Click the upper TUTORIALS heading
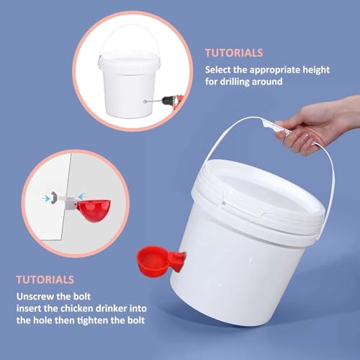pyautogui.click(x=234, y=53)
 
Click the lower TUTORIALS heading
pyautogui.click(x=45, y=280)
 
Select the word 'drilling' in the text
pyautogui.click(x=235, y=81)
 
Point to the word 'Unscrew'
pyautogui.click(x=35, y=297)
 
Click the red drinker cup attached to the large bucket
pyautogui.click(x=161, y=261)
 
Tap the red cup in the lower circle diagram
pyautogui.click(x=95, y=210)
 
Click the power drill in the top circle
pyautogui.click(x=171, y=101)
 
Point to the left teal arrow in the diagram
pyautogui.click(x=46, y=198)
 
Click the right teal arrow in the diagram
pyautogui.click(x=81, y=197)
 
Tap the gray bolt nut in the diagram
pyautogui.click(x=54, y=198)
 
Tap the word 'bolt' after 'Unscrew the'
pyautogui.click(x=82, y=297)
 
